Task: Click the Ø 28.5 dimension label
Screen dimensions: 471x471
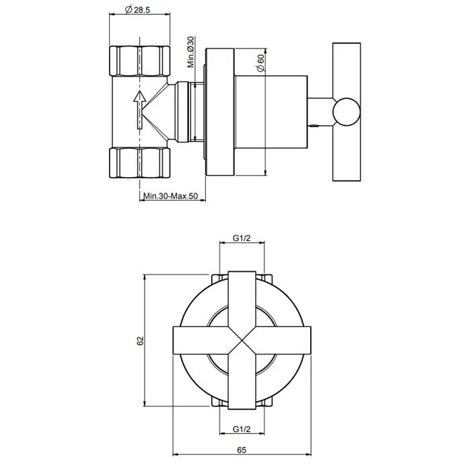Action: tap(137, 10)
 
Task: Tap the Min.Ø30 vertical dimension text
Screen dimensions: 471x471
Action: tap(191, 52)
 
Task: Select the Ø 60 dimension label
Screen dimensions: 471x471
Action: tap(261, 63)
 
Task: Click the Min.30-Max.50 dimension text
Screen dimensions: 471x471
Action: tap(171, 196)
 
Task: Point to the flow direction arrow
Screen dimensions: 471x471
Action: tap(140, 110)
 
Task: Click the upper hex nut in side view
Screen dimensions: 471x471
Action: tap(140, 61)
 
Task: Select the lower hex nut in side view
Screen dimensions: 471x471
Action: tap(140, 163)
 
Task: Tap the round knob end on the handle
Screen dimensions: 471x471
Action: tap(347, 112)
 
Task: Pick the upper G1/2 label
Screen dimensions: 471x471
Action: tap(242, 238)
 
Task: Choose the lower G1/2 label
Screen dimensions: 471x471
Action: tap(242, 429)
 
